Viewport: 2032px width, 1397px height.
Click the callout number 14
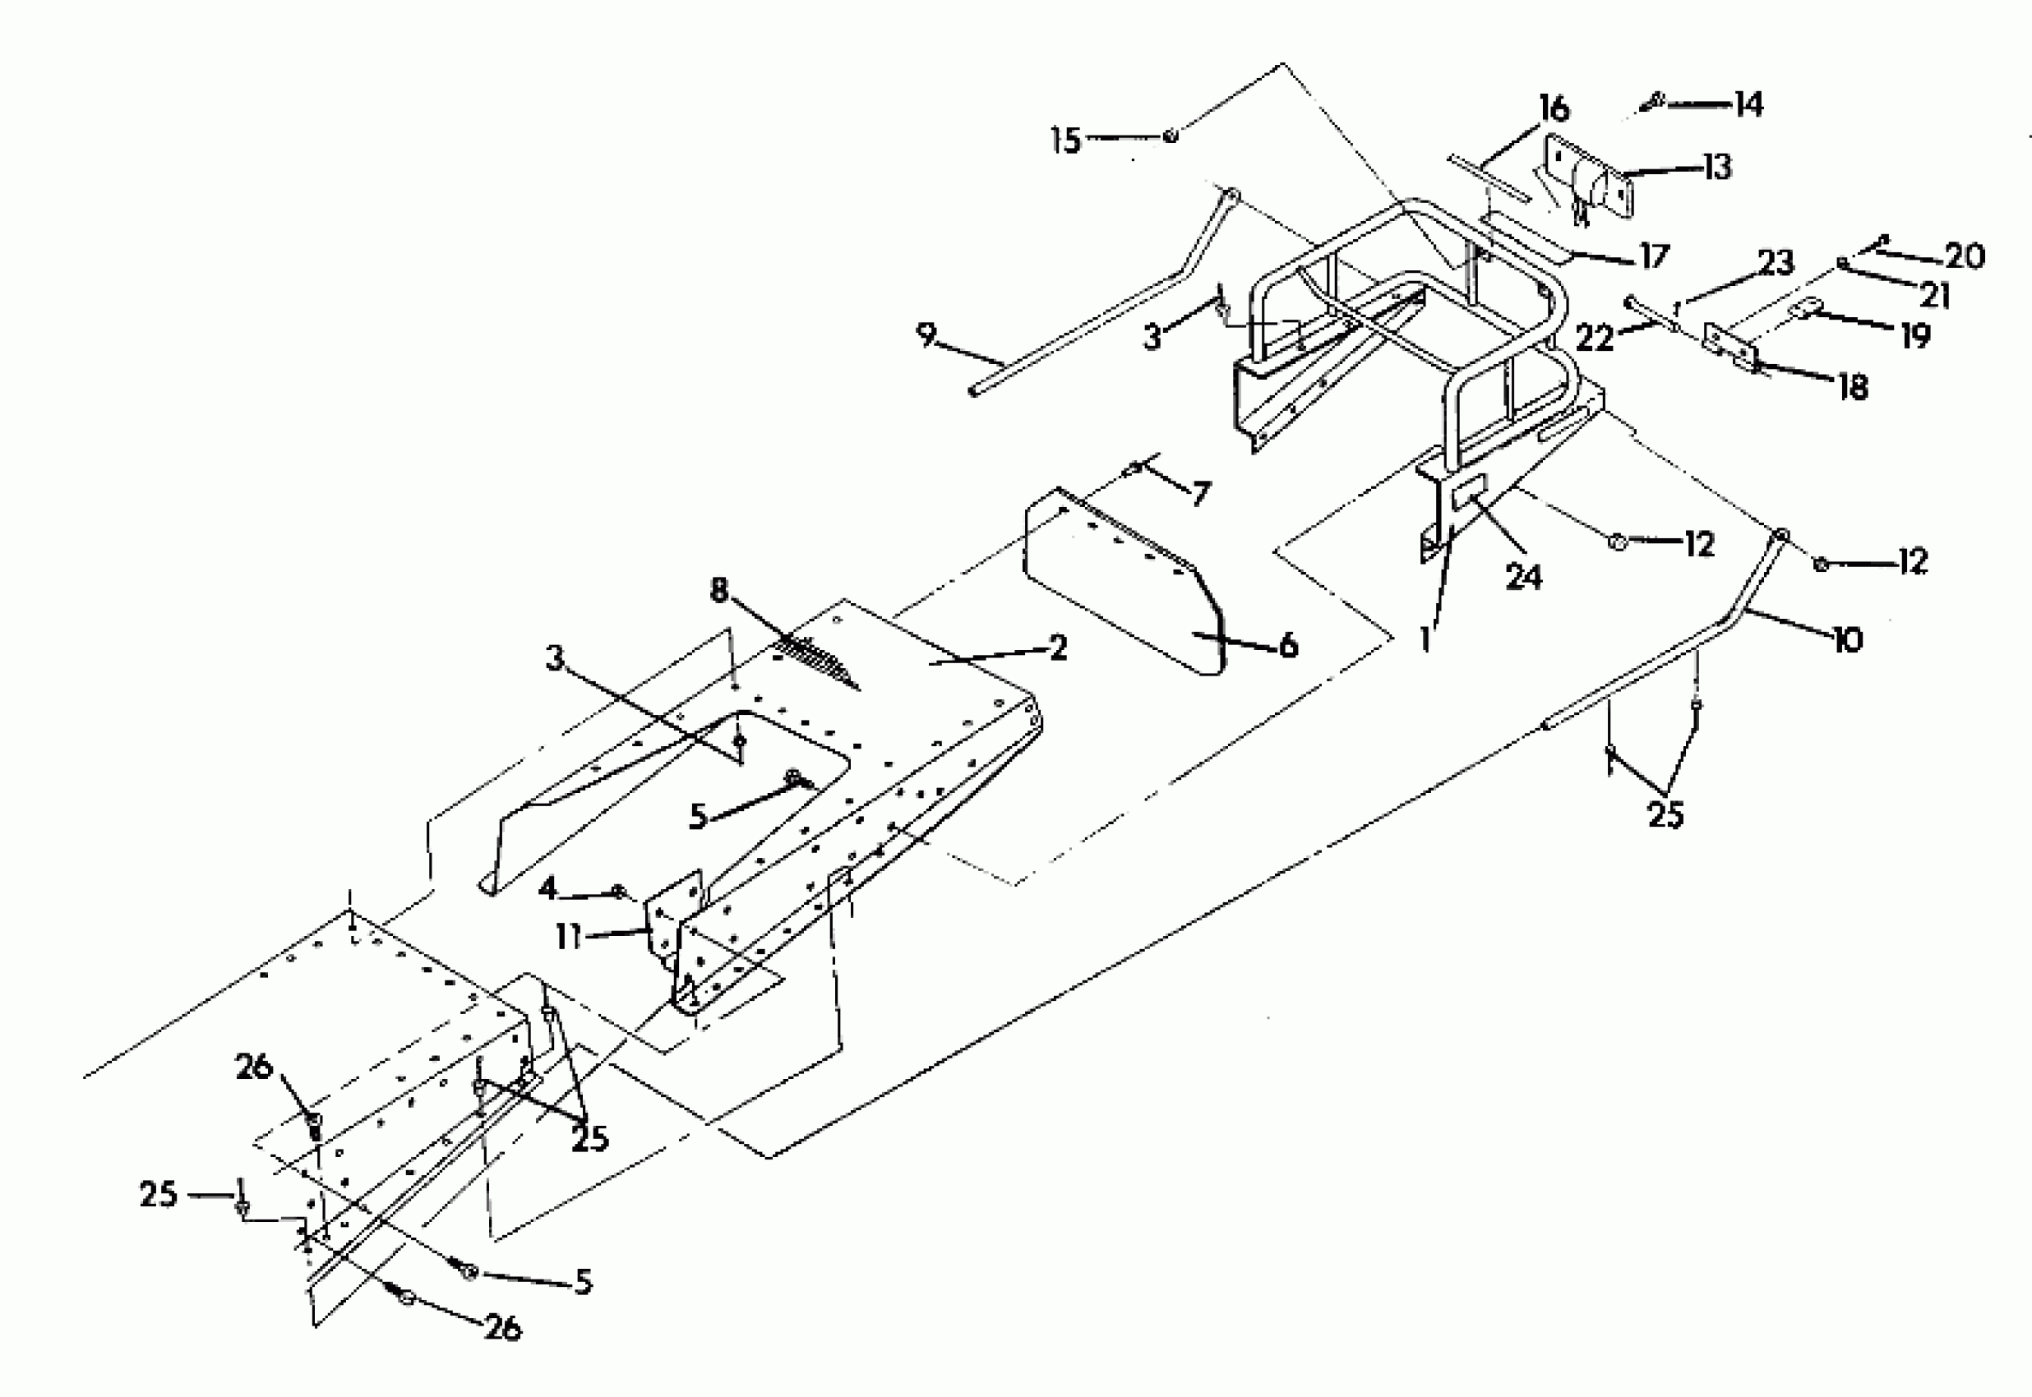click(1748, 104)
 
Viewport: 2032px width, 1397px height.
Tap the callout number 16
click(1554, 109)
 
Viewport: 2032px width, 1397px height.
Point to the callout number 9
click(926, 335)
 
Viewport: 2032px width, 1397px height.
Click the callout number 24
click(1523, 577)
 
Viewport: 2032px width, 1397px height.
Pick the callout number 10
click(1847, 641)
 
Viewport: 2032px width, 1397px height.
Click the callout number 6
click(1288, 646)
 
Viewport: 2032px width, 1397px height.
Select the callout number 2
click(1059, 648)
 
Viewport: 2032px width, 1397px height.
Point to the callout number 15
click(1065, 140)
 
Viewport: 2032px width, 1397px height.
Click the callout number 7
click(1200, 494)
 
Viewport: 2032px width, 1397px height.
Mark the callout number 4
click(548, 890)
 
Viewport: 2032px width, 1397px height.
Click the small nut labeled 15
click(1171, 136)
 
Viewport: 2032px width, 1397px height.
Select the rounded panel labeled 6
click(1120, 582)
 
